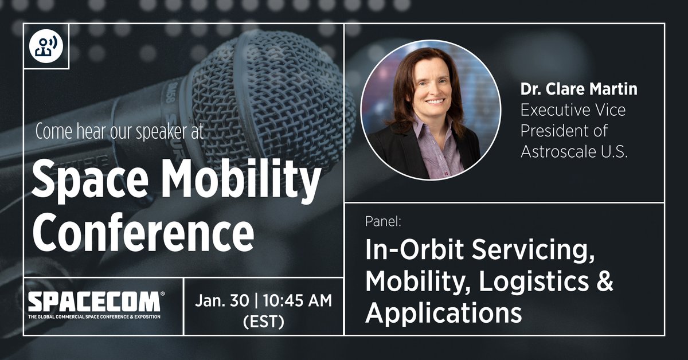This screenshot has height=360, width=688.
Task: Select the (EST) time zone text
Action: tap(264, 322)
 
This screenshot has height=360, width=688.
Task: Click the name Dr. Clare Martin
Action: tap(579, 89)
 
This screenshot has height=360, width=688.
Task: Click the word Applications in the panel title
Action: tap(444, 313)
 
